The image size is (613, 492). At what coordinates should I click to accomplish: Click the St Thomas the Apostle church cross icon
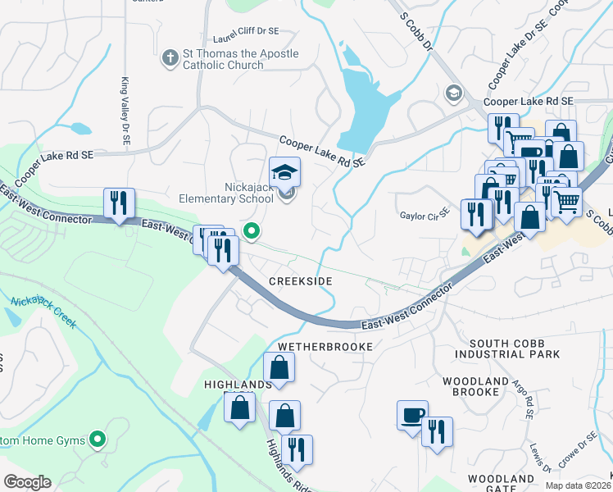[170, 58]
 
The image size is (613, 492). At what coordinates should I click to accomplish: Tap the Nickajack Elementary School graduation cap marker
[285, 172]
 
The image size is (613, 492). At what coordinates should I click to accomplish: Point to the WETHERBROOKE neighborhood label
[325, 347]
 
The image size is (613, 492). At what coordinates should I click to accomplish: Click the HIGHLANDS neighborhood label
[238, 385]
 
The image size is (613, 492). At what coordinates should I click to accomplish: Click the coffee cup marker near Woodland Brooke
[412, 415]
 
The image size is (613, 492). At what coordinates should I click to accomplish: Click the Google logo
[27, 482]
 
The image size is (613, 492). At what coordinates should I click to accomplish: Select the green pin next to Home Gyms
[98, 440]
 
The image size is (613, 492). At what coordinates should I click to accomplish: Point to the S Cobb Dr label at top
[415, 31]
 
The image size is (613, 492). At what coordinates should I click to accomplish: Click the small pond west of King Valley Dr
[80, 129]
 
